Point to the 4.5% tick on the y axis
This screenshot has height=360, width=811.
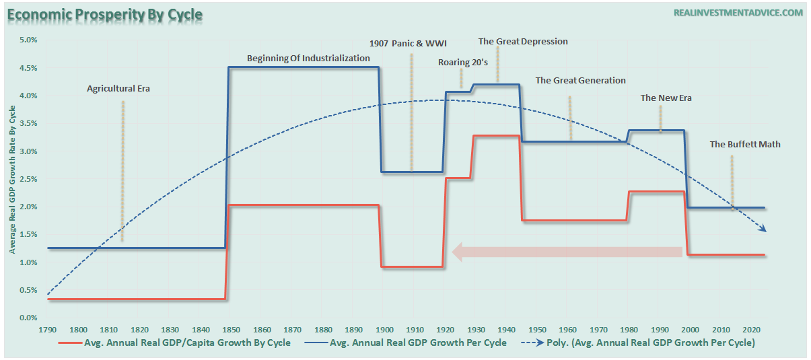pyautogui.click(x=28, y=69)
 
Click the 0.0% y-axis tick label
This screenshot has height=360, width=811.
pyautogui.click(x=28, y=318)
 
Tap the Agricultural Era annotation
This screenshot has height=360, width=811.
pyautogui.click(x=118, y=88)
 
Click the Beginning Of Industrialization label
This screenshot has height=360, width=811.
pyautogui.click(x=308, y=59)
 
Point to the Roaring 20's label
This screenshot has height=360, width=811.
pyautogui.click(x=463, y=63)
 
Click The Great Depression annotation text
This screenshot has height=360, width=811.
pyautogui.click(x=523, y=42)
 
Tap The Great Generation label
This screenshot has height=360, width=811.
pyautogui.click(x=580, y=81)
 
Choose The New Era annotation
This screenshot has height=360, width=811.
pyautogui.click(x=666, y=98)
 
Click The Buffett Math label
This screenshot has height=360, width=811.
pyautogui.click(x=745, y=145)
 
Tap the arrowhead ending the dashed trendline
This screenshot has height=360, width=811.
pyautogui.click(x=764, y=229)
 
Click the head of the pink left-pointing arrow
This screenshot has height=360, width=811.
pyautogui.click(x=460, y=252)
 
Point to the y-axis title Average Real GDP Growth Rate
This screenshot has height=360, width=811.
pyautogui.click(x=11, y=182)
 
